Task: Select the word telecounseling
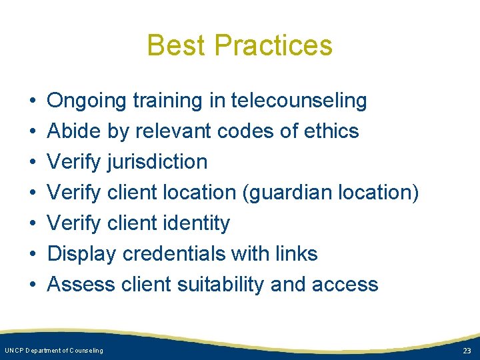299,101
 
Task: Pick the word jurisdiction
157,162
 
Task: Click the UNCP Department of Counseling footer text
54,351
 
